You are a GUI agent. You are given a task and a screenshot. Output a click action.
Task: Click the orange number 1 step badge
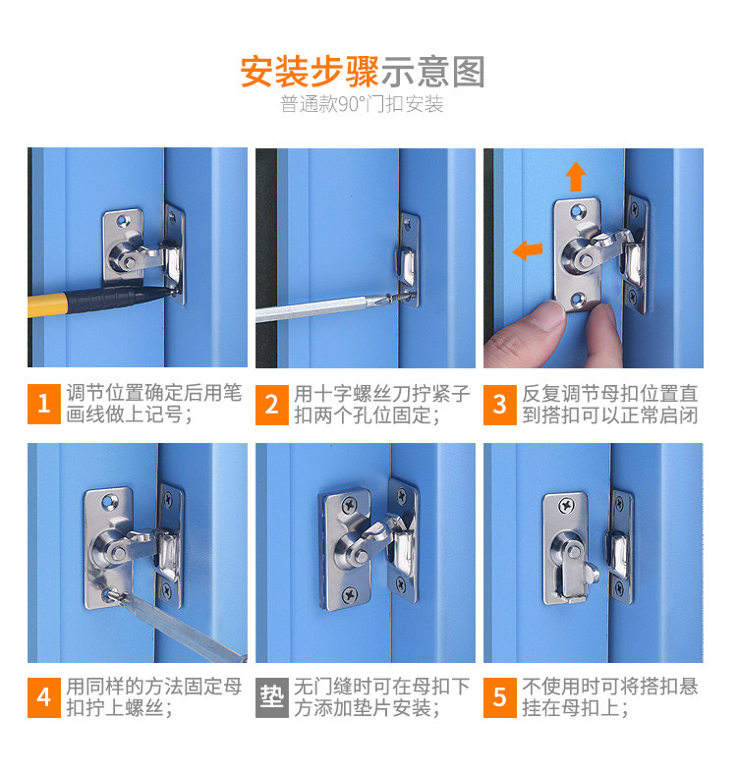tap(44, 404)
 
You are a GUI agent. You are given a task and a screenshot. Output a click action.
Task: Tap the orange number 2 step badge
tap(271, 405)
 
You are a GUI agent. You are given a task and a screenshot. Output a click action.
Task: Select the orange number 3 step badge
tap(500, 405)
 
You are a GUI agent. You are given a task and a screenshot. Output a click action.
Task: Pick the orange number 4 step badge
tap(44, 697)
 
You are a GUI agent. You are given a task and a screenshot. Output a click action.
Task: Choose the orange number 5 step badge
tap(500, 697)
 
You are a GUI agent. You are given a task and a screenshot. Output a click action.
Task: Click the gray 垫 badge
tap(271, 697)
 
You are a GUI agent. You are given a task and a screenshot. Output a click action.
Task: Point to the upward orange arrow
tap(576, 177)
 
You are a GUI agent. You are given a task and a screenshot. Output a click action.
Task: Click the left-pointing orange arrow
tap(528, 249)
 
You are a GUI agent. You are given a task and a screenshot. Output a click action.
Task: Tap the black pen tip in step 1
tap(169, 292)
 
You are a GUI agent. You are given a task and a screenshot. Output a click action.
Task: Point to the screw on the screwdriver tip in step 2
tap(401, 298)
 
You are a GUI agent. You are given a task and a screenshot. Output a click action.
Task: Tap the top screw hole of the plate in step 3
tap(576, 212)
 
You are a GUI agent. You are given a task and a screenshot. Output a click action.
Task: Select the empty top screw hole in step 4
tap(109, 503)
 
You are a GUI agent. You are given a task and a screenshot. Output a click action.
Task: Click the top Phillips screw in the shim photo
tap(350, 505)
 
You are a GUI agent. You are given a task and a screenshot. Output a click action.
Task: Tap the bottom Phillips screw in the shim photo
tap(350, 594)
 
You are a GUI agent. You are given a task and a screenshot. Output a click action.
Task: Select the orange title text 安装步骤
tap(310, 72)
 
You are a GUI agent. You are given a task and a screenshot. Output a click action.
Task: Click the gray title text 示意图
tap(432, 72)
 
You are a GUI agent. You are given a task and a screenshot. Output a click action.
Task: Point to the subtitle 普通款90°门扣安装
tap(362, 104)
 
